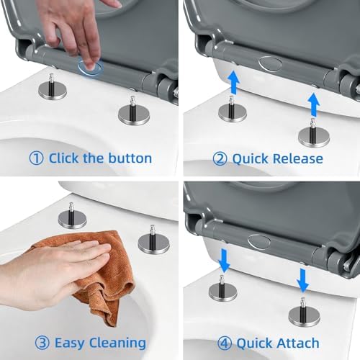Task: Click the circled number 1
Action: (36, 158)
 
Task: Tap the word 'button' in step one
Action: (130, 158)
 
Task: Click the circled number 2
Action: (220, 159)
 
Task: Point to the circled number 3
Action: (42, 343)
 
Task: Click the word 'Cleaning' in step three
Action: (117, 343)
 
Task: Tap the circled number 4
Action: (225, 343)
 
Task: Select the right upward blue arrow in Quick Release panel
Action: (313, 104)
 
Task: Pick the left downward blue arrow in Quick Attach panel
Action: (224, 261)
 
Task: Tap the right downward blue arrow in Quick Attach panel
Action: (303, 280)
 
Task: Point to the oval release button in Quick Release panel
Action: (270, 63)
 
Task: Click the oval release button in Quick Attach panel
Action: (259, 242)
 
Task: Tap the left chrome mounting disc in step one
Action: (53, 91)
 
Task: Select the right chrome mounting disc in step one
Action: (134, 116)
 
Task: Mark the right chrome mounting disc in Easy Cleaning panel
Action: (154, 243)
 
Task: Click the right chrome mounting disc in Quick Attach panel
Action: (305, 317)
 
